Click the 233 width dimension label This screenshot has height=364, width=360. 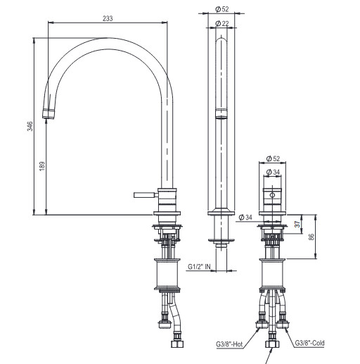[108, 18]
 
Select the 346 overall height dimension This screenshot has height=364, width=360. [30, 126]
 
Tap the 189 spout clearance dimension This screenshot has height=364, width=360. [42, 166]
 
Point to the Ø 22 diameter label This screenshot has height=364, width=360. [221, 23]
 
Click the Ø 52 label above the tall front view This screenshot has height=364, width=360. [221, 9]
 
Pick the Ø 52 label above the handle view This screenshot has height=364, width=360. [273, 158]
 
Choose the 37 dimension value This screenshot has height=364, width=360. [297, 224]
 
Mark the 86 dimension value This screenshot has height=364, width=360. [311, 237]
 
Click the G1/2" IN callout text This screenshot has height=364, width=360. [199, 267]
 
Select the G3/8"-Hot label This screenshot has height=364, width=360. [229, 344]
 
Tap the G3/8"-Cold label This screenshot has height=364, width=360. [309, 343]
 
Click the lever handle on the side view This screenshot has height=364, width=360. [143, 195]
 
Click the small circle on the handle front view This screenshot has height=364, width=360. [272, 195]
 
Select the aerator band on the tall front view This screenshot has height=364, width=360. [221, 114]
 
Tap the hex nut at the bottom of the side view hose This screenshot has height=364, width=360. [177, 344]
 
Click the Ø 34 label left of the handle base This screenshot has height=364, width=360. [245, 218]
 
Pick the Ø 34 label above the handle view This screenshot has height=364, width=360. [273, 172]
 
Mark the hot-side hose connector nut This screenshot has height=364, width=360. [262, 325]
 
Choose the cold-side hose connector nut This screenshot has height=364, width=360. [283, 325]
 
